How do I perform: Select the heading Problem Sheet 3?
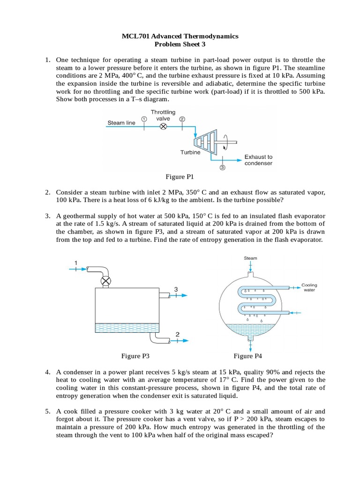pyautogui.click(x=180, y=45)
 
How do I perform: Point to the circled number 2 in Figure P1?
pyautogui.click(x=182, y=119)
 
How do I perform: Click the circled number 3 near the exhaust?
pyautogui.click(x=222, y=167)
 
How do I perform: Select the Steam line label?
pyautogui.click(x=121, y=123)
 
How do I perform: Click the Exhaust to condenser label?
pyautogui.click(x=258, y=160)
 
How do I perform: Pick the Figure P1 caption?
pyautogui.click(x=180, y=177)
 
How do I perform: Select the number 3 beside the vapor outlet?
pyautogui.click(x=176, y=290)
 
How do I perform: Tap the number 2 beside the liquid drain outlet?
pyautogui.click(x=177, y=334)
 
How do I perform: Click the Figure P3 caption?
pyautogui.click(x=135, y=356)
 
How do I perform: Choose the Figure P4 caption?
pyautogui.click(x=248, y=356)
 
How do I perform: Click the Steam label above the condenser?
pyautogui.click(x=250, y=258)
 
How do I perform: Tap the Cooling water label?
pyautogui.click(x=309, y=287)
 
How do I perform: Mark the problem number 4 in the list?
pyautogui.click(x=48, y=372)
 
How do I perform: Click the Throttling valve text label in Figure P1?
pyautogui.click(x=163, y=115)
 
